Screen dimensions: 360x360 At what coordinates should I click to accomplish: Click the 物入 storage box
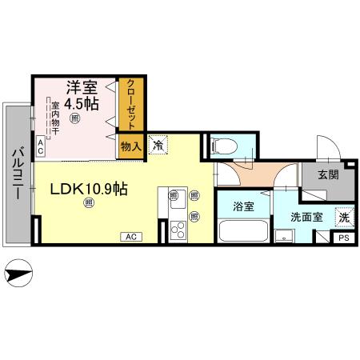pyautogui.click(x=130, y=146)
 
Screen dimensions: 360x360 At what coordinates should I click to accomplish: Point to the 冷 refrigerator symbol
pyautogui.click(x=158, y=146)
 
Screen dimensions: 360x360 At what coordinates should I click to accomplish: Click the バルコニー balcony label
pyautogui.click(x=16, y=174)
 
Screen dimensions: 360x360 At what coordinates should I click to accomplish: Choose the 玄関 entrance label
pyautogui.click(x=328, y=174)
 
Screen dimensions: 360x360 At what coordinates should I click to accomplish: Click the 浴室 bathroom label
pyautogui.click(x=243, y=206)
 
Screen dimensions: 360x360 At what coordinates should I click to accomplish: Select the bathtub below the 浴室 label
pyautogui.click(x=243, y=231)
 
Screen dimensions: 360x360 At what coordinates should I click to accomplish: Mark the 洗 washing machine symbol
pyautogui.click(x=342, y=215)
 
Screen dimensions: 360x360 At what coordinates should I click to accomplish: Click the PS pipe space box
pyautogui.click(x=342, y=238)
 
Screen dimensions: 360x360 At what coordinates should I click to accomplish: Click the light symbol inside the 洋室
pyautogui.click(x=74, y=118)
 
